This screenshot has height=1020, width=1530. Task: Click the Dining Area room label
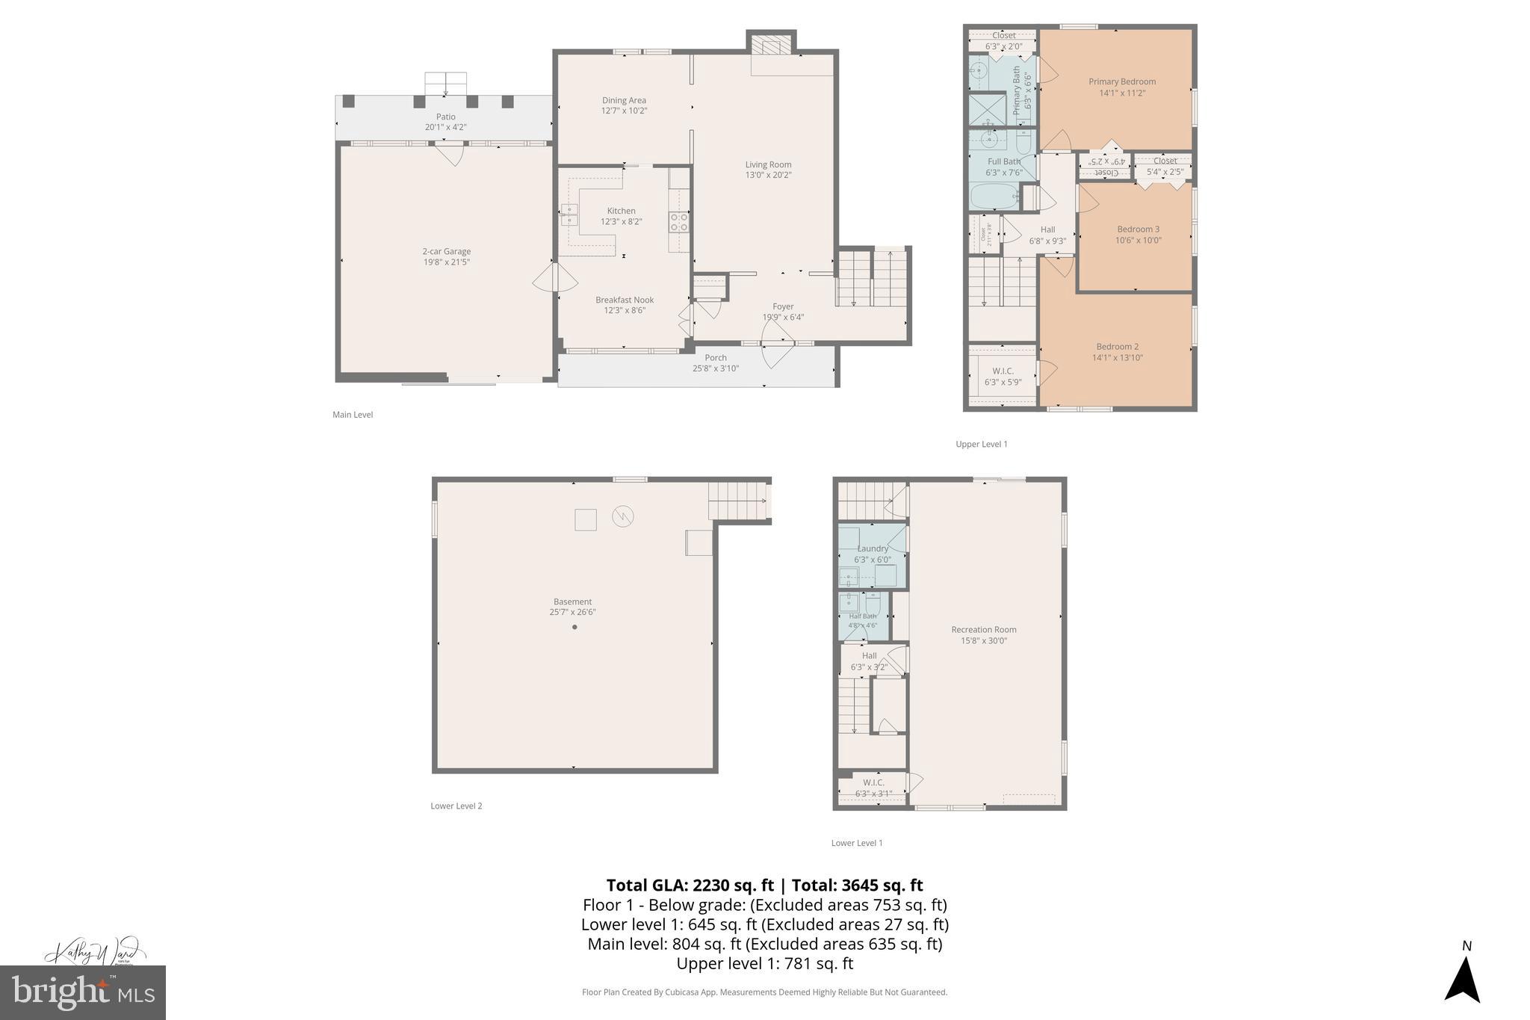pyautogui.click(x=624, y=100)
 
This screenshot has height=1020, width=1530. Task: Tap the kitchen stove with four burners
pyautogui.click(x=678, y=222)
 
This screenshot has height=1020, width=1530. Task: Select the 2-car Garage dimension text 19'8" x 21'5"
pyautogui.click(x=447, y=262)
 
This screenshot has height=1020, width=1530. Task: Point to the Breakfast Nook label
pyautogui.click(x=625, y=300)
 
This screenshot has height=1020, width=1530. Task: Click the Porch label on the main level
pyautogui.click(x=715, y=358)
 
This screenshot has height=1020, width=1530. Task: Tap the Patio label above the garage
pyautogui.click(x=445, y=117)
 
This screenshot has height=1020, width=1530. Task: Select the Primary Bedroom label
pyautogui.click(x=1121, y=82)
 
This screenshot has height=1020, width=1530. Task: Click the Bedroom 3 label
pyautogui.click(x=1138, y=229)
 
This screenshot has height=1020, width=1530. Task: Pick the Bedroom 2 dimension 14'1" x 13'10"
pyautogui.click(x=1117, y=358)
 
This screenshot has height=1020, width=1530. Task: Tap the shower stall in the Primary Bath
pyautogui.click(x=988, y=111)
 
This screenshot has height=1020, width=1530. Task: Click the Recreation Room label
pyautogui.click(x=983, y=630)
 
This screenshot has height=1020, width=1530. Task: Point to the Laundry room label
pyautogui.click(x=873, y=548)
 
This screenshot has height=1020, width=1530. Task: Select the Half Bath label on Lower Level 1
pyautogui.click(x=863, y=616)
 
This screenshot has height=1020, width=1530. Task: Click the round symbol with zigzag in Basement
pyautogui.click(x=622, y=516)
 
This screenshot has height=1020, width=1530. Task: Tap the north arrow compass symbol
pyautogui.click(x=1462, y=979)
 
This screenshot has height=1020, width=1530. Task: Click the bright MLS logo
pyautogui.click(x=83, y=992)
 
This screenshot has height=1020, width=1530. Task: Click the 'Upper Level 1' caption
pyautogui.click(x=981, y=444)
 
